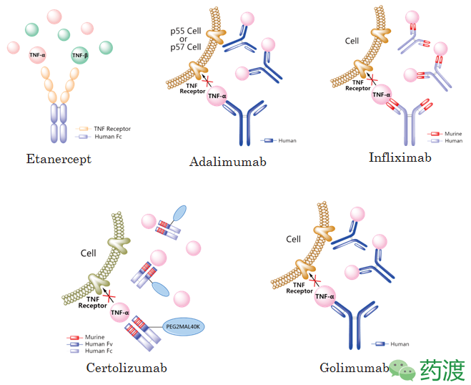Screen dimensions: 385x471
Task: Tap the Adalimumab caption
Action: (x=228, y=162)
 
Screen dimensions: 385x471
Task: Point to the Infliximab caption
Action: (x=400, y=157)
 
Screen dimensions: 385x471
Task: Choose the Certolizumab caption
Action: (x=127, y=368)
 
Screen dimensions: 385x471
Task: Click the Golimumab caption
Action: (x=355, y=368)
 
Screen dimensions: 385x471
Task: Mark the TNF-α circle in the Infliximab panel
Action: (x=382, y=94)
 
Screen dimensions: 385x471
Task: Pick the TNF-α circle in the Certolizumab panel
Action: (x=120, y=312)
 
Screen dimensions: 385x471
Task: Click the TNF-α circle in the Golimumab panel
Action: (x=325, y=296)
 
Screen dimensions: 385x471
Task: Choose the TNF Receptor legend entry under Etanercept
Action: (x=104, y=129)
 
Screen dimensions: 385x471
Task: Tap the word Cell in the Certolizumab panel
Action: (x=89, y=253)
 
